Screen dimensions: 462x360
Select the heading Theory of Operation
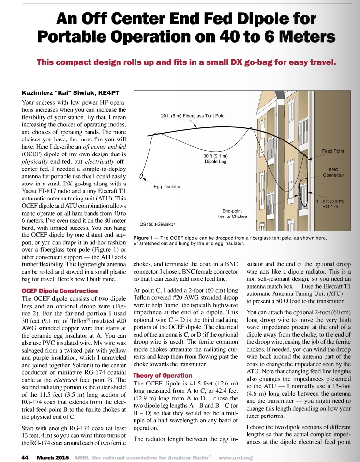(163, 375)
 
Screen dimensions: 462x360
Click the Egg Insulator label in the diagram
(167, 186)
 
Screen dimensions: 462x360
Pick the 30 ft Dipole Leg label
(216, 159)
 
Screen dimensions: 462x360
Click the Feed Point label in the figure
(333, 151)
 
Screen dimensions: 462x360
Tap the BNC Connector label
(333, 172)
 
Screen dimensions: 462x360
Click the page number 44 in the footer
(25, 457)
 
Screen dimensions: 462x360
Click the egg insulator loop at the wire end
(142, 177)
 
